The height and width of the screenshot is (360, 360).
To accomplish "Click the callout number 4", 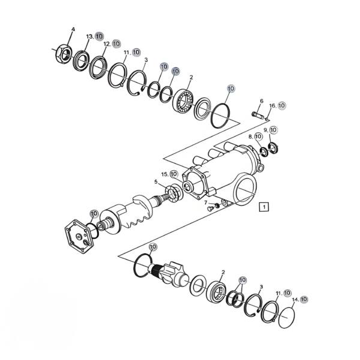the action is point(73,29).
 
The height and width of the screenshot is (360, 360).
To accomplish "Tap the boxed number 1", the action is point(264,207).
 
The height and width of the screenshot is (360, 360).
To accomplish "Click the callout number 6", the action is point(262,101).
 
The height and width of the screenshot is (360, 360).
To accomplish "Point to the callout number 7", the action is point(206,203).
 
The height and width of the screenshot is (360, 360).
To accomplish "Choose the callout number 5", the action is point(156,182).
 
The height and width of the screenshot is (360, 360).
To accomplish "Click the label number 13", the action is point(89,37).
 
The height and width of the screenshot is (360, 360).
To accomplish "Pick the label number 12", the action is point(107,44).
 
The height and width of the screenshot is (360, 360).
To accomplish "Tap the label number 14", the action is point(295,299).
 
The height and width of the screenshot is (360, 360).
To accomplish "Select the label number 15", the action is point(164,175).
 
